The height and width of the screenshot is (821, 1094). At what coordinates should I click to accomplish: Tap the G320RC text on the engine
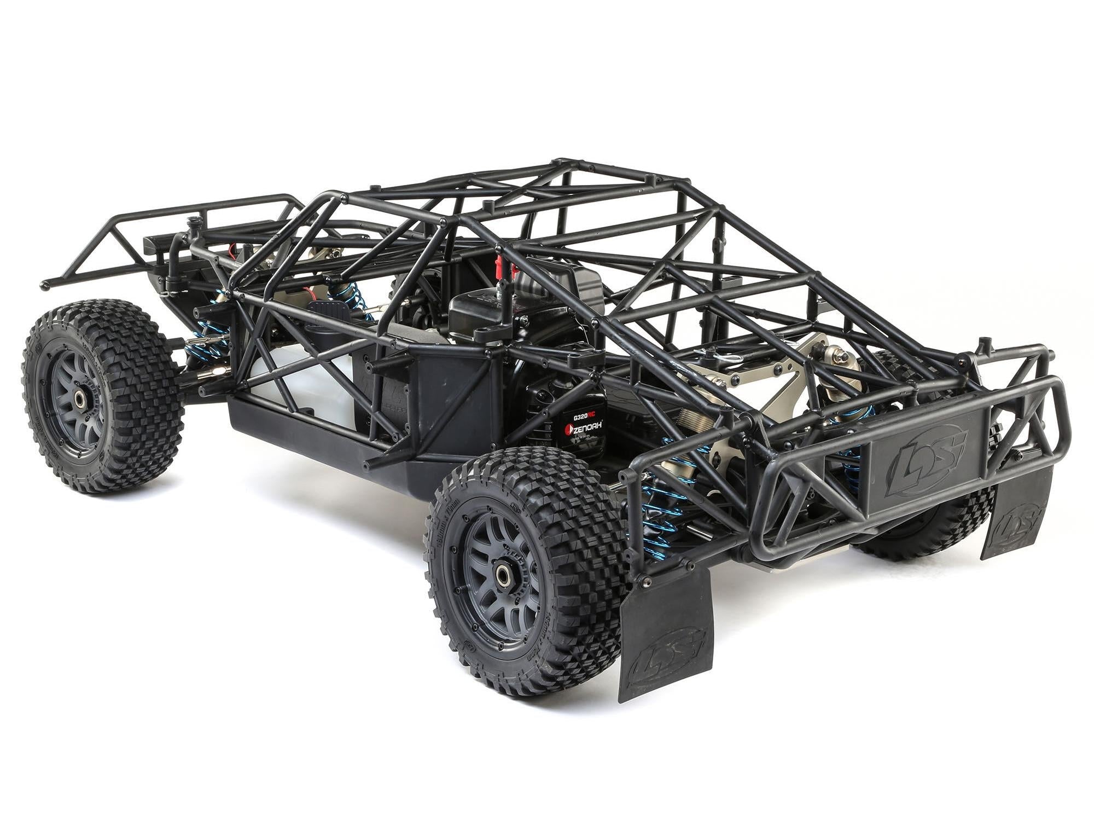(585, 417)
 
